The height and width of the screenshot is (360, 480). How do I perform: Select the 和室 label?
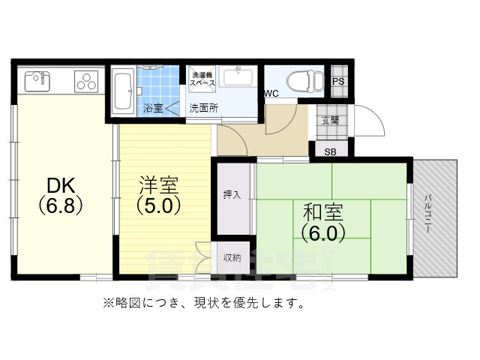click(324, 211)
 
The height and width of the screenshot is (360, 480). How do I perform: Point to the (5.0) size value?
click(158, 204)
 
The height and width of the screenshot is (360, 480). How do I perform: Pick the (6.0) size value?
click(324, 232)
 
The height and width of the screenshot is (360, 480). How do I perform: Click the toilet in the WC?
click(307, 80)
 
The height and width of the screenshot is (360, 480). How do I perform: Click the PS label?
click(338, 80)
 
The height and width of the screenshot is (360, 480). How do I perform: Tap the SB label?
click(330, 151)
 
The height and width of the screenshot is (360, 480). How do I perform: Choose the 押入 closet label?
click(232, 195)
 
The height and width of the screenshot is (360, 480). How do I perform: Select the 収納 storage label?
click(232, 258)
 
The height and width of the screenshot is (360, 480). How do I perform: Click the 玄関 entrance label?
click(330, 119)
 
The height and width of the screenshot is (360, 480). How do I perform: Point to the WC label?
click(271, 94)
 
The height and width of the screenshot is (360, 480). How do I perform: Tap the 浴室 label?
click(153, 108)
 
